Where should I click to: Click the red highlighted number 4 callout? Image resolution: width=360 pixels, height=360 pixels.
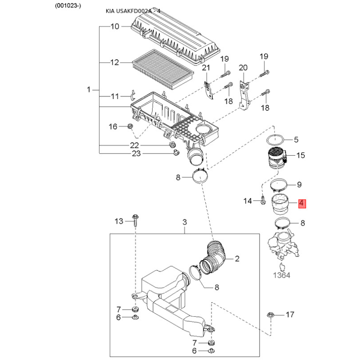click(302, 203)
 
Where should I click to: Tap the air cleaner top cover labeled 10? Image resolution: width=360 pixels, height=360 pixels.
click(175, 39)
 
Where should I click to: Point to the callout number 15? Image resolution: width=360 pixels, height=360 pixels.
click(301, 155)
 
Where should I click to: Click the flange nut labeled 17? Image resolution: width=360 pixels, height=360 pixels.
click(271, 315)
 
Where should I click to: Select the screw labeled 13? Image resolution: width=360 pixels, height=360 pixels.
click(136, 220)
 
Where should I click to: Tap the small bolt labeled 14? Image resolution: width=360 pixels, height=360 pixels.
click(263, 200)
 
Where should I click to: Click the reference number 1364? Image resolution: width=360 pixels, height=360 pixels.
click(282, 275)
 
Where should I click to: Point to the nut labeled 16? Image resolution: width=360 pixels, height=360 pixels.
click(130, 126)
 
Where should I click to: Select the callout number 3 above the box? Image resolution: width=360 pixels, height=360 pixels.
click(184, 222)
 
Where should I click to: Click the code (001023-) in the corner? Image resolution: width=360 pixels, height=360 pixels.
click(68, 6)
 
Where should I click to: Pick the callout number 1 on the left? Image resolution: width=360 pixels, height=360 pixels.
click(89, 90)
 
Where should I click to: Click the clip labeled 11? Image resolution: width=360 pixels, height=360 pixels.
click(133, 95)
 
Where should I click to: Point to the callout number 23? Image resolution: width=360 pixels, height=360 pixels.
click(136, 153)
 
